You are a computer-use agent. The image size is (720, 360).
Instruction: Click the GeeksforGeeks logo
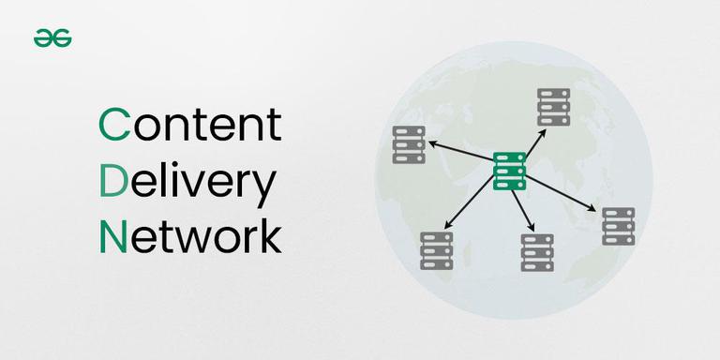[x=53, y=38]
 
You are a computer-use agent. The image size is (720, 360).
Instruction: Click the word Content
[x=189, y=125]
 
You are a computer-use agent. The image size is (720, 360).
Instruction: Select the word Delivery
[x=187, y=182]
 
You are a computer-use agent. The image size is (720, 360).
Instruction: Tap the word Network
[x=189, y=236]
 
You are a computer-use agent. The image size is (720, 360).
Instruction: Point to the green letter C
[x=114, y=126]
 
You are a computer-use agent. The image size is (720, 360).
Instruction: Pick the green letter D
[x=113, y=181]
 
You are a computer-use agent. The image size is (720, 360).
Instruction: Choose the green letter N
[x=112, y=236]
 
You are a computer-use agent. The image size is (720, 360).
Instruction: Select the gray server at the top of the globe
[x=553, y=107]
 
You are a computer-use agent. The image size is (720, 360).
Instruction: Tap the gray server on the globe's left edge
[x=409, y=144]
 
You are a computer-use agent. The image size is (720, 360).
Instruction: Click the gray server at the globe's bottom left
[x=436, y=250]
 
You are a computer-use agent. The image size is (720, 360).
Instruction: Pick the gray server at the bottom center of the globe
[x=537, y=253]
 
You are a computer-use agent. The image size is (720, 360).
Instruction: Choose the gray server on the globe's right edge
[x=618, y=226]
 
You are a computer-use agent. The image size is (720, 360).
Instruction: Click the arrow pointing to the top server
[x=532, y=142]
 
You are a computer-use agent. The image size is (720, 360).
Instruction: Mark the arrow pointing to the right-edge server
[x=562, y=193]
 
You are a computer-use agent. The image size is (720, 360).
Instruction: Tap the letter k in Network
[x=267, y=236]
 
